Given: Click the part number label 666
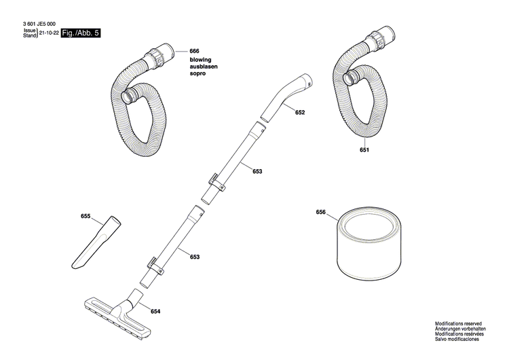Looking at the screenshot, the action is pyautogui.click(x=194, y=52).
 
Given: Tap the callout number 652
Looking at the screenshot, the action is pyautogui.click(x=300, y=113).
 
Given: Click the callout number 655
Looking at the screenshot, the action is pyautogui.click(x=86, y=216).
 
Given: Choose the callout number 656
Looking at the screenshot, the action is pyautogui.click(x=321, y=212).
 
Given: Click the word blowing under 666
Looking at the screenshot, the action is pyautogui.click(x=201, y=60).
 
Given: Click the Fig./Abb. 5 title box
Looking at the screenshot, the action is pyautogui.click(x=80, y=32).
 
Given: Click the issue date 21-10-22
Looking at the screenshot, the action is pyautogui.click(x=48, y=32).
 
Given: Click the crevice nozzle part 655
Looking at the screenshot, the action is pyautogui.click(x=95, y=242).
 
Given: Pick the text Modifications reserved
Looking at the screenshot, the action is pyautogui.click(x=459, y=325).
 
